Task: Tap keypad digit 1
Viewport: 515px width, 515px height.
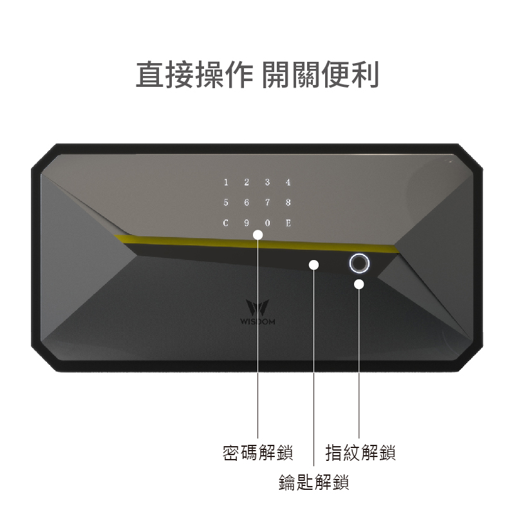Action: [x=226, y=182]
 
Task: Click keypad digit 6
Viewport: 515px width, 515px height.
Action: [x=247, y=203]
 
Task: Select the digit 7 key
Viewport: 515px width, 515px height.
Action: [x=267, y=203]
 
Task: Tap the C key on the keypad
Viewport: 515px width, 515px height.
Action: [x=226, y=223]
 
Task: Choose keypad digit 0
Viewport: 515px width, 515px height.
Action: [x=267, y=223]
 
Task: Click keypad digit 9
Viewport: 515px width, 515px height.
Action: [x=247, y=223]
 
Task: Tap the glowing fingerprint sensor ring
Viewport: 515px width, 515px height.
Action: [x=359, y=263]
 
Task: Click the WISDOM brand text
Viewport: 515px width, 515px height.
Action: [x=257, y=321]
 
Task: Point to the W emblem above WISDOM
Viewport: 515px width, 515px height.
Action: [x=257, y=308]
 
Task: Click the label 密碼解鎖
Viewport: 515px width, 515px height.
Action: [x=257, y=453]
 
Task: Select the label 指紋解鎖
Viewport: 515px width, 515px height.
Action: [x=360, y=453]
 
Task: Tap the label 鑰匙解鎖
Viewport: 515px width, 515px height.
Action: [x=314, y=482]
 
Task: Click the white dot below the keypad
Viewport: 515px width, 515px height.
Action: [x=258, y=235]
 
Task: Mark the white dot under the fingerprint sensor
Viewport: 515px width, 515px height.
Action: [x=359, y=285]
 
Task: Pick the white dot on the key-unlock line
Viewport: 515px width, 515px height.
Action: [x=314, y=265]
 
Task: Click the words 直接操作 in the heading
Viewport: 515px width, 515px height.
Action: [x=194, y=75]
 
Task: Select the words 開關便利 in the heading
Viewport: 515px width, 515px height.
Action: [x=320, y=75]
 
